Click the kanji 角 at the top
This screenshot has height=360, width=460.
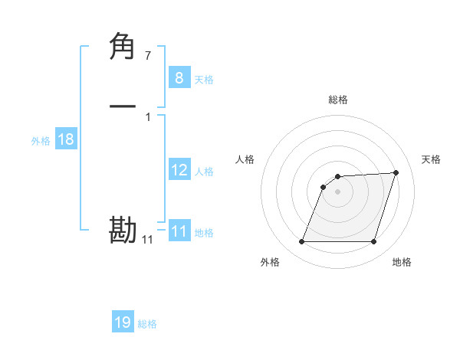pyautogui.click(x=123, y=47)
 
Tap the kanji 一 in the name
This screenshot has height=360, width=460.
pyautogui.click(x=123, y=106)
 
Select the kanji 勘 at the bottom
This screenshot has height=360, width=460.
pyautogui.click(x=123, y=230)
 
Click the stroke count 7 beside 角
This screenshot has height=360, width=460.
pyautogui.click(x=147, y=55)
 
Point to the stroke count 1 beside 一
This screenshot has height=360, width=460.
pyautogui.click(x=147, y=116)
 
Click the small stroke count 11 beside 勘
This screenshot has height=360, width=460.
pyautogui.click(x=147, y=240)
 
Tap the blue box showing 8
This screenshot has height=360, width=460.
pyautogui.click(x=179, y=77)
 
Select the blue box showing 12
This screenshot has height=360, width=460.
pyautogui.click(x=179, y=170)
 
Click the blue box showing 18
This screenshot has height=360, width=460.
pyautogui.click(x=65, y=139)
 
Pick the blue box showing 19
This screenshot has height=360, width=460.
pyautogui.click(x=123, y=322)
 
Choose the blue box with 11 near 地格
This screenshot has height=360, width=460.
pyautogui.click(x=179, y=231)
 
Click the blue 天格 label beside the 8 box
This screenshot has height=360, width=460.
pyautogui.click(x=204, y=80)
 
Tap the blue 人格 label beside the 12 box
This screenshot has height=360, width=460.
pyautogui.click(x=204, y=172)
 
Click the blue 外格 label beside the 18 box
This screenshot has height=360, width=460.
pyautogui.click(x=41, y=141)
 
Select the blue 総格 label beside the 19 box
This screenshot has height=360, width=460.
pyautogui.click(x=147, y=324)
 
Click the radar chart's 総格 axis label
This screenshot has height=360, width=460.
pyautogui.click(x=338, y=100)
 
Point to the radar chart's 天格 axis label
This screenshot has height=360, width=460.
pyautogui.click(x=431, y=159)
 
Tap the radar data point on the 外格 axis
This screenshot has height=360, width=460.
pyautogui.click(x=301, y=242)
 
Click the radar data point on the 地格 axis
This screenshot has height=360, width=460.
pyautogui.click(x=374, y=242)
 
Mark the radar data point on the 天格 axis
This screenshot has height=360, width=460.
pyautogui.click(x=396, y=172)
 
